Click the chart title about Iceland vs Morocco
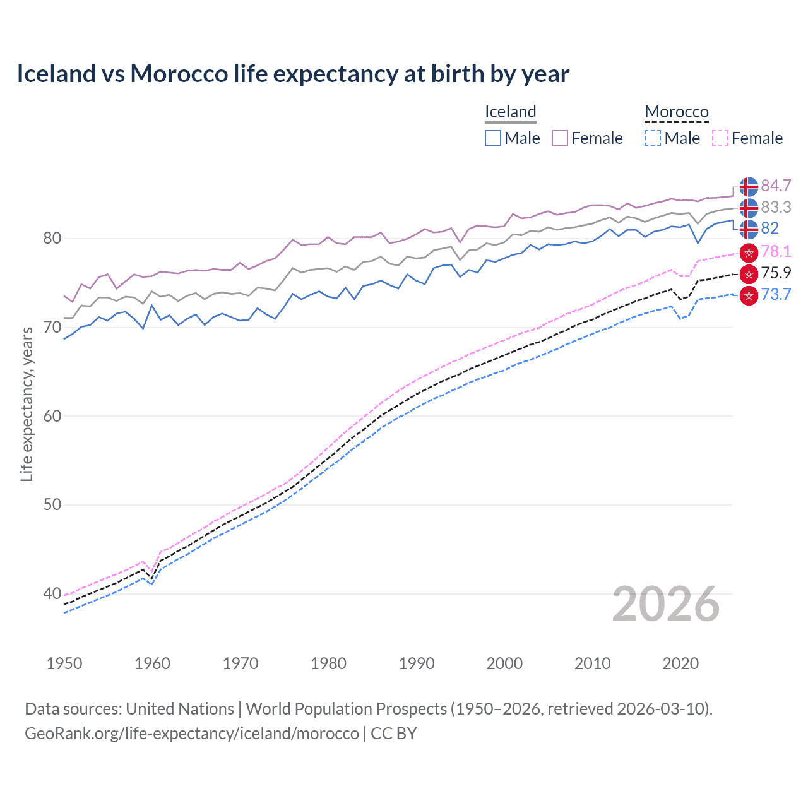(293, 74)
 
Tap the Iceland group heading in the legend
(510, 112)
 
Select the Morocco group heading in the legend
(677, 112)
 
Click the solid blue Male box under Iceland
(493, 138)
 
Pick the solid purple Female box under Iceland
(560, 138)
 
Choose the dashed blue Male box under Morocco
(653, 138)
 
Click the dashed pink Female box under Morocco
(720, 138)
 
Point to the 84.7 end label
(776, 186)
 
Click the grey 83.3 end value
(776, 207)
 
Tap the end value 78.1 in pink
(776, 251)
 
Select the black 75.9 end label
(776, 273)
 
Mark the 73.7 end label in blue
(776, 294)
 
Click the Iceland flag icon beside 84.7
(749, 187)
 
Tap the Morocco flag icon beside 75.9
(749, 273)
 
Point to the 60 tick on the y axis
(52, 416)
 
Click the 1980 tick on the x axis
(328, 663)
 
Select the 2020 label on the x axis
(680, 663)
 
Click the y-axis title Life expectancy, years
(27, 404)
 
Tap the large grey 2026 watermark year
(666, 604)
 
